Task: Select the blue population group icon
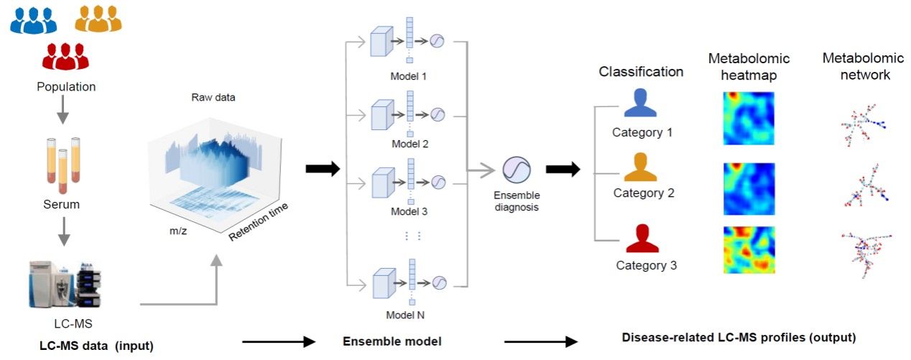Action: click(33, 20)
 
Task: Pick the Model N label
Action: click(410, 313)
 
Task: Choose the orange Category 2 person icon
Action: click(640, 167)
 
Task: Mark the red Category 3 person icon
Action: click(642, 239)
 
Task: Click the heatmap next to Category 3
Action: click(748, 250)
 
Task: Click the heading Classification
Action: click(641, 72)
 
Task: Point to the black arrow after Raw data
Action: click(321, 169)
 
